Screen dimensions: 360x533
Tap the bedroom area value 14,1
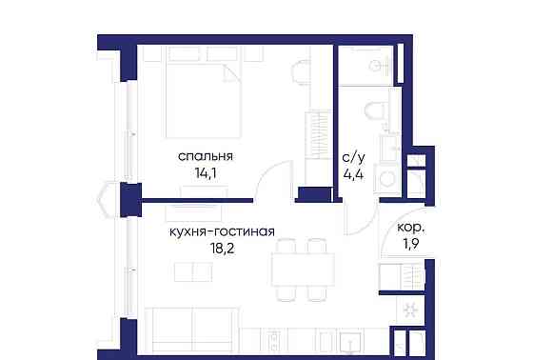(205, 173)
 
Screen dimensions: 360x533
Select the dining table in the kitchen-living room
(303, 270)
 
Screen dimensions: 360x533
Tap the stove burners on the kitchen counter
(275, 339)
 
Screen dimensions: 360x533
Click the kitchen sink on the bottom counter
(351, 343)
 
